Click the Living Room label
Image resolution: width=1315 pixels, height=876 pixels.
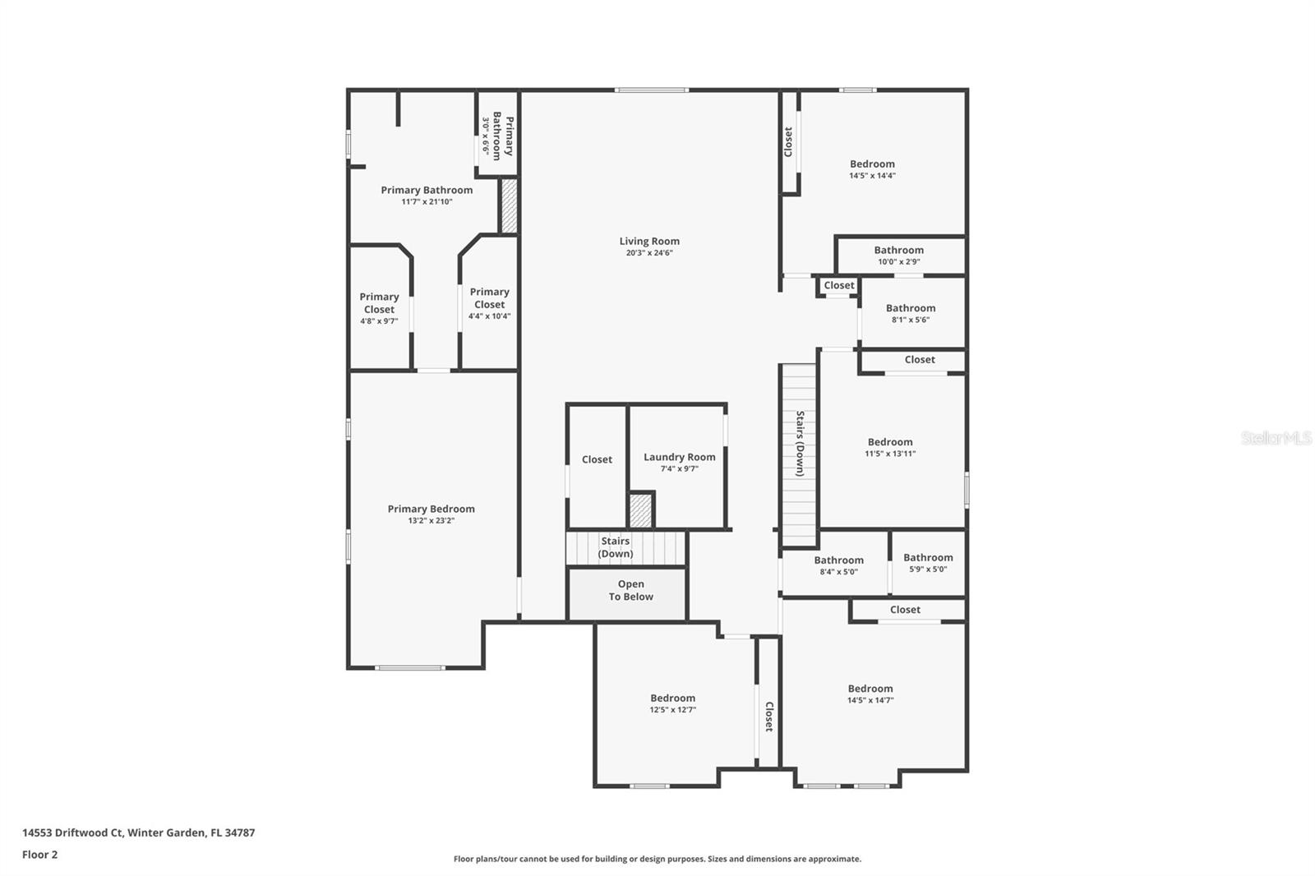[x=649, y=241]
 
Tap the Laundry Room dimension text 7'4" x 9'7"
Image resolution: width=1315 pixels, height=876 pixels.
[x=679, y=468]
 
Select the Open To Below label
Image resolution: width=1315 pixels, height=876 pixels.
[x=631, y=590]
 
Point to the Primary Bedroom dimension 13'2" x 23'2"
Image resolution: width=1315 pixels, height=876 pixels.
[x=431, y=520]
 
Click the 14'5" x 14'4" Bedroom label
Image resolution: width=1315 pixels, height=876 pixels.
[x=872, y=164]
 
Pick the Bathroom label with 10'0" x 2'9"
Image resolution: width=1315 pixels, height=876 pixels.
[x=899, y=250]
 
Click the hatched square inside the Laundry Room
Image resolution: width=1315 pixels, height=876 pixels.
[x=640, y=511]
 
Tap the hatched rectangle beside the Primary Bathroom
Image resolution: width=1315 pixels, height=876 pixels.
[x=509, y=206]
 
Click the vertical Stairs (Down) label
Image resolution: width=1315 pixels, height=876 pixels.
[x=800, y=443]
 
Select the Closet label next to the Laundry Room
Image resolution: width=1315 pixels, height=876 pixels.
[x=597, y=459]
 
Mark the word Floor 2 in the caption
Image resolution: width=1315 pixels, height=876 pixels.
[x=40, y=855]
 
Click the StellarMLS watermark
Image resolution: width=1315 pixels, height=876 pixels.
[x=1276, y=438]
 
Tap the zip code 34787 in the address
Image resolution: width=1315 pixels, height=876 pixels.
[x=240, y=832]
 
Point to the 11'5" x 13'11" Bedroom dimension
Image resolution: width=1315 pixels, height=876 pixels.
[x=890, y=454]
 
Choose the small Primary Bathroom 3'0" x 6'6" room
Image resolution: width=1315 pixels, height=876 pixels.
[x=496, y=135]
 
